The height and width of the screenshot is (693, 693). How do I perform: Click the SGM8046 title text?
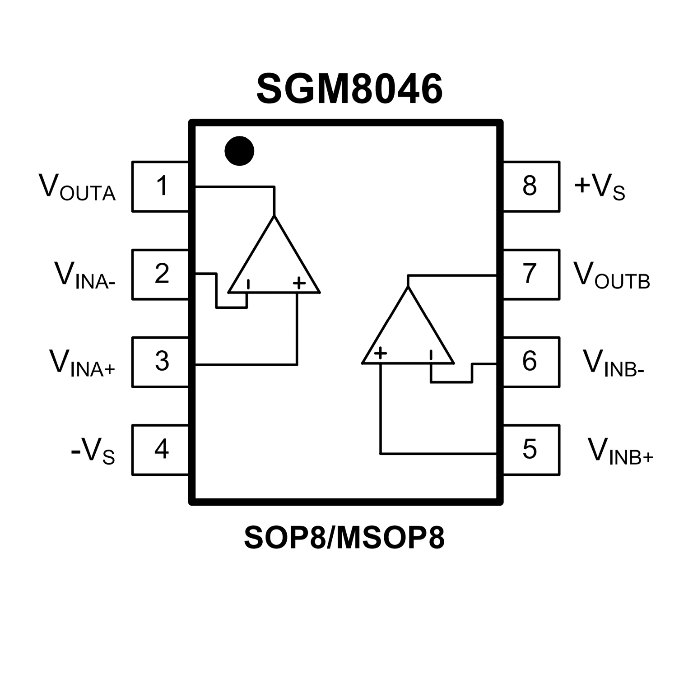[x=349, y=89]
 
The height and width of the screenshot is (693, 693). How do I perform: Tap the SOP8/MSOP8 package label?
[x=344, y=537]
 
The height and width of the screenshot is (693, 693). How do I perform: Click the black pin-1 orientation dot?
[x=239, y=151]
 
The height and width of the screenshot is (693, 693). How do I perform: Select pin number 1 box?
[x=161, y=186]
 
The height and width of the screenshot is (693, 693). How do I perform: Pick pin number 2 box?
[x=161, y=274]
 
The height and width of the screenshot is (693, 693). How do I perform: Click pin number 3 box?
[x=161, y=362]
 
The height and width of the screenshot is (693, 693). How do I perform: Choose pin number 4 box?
[x=161, y=450]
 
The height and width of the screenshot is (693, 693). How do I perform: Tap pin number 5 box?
[x=531, y=450]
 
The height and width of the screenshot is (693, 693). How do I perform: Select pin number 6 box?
[x=531, y=362]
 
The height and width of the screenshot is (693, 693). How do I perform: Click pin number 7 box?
[x=531, y=274]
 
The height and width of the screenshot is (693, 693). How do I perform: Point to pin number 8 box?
[x=531, y=186]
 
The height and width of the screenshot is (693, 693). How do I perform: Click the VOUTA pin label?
[x=77, y=187]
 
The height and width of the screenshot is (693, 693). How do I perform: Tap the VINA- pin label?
[x=85, y=275]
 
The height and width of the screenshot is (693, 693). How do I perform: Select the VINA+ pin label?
[x=82, y=363]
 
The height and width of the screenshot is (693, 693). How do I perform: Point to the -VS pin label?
[x=93, y=451]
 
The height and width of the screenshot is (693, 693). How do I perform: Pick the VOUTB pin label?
[x=611, y=275]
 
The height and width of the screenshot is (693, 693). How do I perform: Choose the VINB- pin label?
[x=613, y=363]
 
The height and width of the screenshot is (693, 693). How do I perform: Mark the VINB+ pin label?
[x=620, y=451]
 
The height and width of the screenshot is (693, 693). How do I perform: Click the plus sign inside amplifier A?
[x=299, y=283]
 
